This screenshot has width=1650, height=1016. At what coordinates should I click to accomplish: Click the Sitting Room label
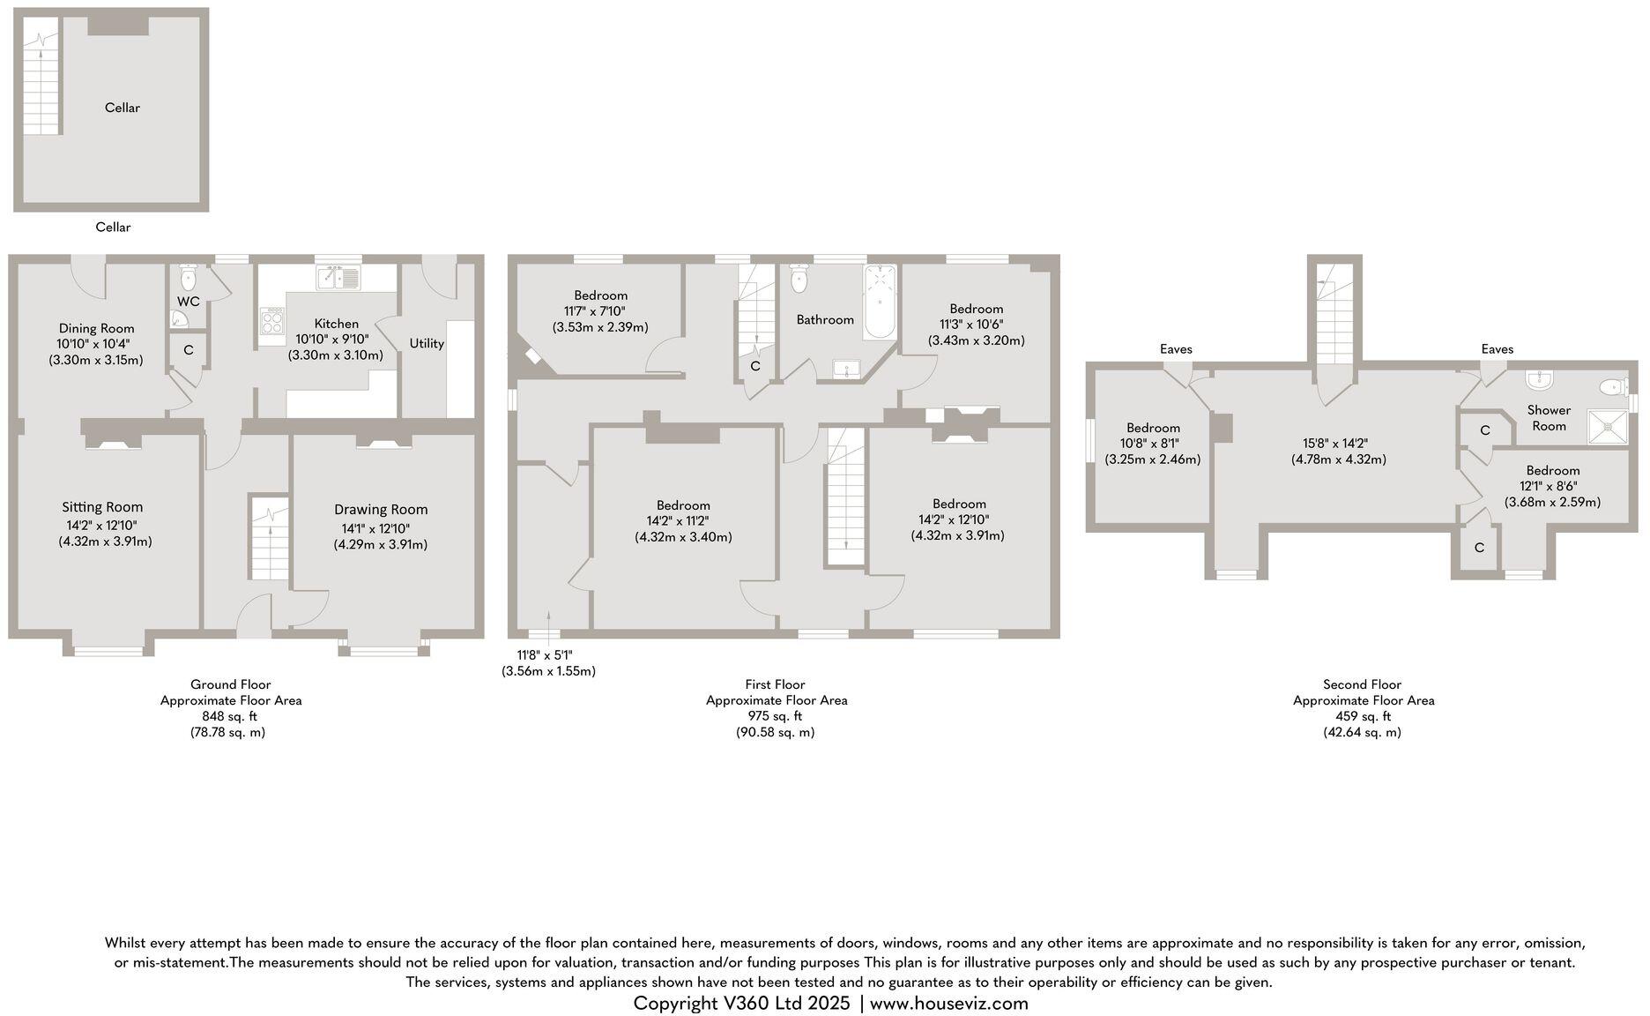[102, 507]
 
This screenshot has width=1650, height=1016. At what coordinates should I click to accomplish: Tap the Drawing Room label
[381, 510]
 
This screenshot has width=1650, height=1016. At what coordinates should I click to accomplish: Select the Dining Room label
[97, 329]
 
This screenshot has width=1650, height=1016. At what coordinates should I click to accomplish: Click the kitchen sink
[339, 278]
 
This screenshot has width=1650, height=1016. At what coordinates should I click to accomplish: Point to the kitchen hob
[271, 319]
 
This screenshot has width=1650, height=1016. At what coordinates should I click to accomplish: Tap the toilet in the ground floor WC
[188, 278]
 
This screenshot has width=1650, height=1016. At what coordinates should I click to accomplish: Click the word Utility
[427, 343]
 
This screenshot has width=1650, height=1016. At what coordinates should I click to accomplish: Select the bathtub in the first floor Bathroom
[880, 301]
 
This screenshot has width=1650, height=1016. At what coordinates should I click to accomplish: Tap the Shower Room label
[1549, 418]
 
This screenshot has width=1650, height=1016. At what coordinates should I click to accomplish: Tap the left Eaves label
[1176, 349]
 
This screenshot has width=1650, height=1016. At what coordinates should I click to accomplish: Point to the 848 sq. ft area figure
[230, 716]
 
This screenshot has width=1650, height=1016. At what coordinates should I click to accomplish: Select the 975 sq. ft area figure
[776, 716]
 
